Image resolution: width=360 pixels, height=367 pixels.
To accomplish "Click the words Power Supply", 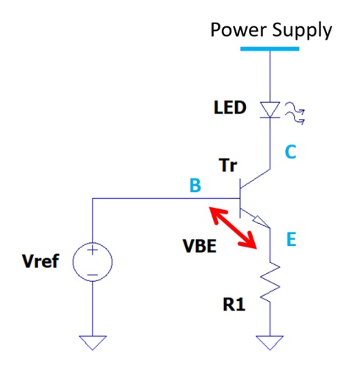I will point(270,30).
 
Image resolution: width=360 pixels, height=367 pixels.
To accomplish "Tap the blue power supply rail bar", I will point(270,48).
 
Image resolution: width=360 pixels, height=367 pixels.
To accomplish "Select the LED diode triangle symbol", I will point(270,109).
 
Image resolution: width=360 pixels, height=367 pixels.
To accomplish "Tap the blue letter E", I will point(290,239).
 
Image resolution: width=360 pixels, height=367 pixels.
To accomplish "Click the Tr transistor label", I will point(228,167).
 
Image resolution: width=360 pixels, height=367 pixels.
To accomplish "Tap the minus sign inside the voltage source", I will point(93,275).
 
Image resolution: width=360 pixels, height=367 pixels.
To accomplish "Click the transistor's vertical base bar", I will point(241,199).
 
